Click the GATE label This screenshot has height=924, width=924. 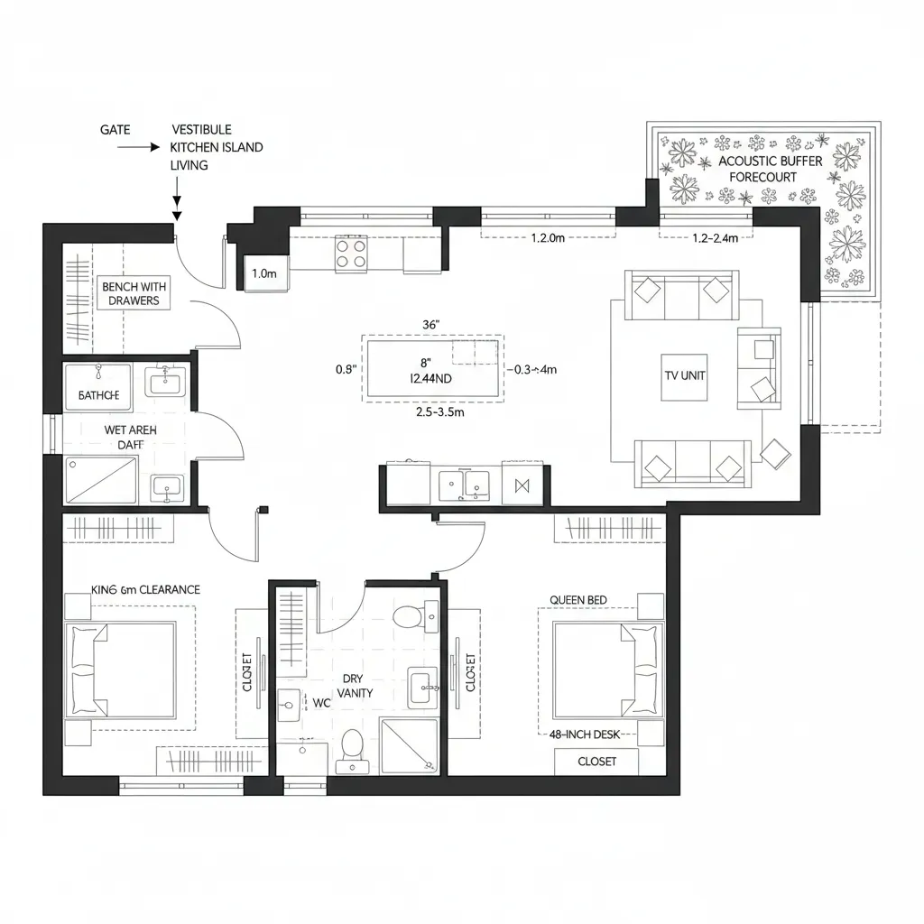tap(115, 130)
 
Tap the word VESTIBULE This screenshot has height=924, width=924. tap(201, 130)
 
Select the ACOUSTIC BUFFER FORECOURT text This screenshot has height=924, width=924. tap(770, 169)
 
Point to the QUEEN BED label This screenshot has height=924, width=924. tap(577, 600)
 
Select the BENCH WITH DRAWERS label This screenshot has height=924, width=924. tap(134, 293)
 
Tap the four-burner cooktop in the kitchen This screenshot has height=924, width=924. tap(351, 253)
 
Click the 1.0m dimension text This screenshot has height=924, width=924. tap(263, 273)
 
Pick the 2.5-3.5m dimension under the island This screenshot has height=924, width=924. tap(439, 412)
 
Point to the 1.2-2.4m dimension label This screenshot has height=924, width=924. tap(715, 238)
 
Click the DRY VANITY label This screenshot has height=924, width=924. tap(354, 685)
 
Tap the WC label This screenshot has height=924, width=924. tap(322, 701)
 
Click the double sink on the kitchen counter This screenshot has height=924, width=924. tap(464, 485)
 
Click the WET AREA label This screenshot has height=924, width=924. tap(130, 430)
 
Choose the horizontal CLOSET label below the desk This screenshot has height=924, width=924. tap(597, 762)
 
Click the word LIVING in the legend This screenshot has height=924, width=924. tap(189, 165)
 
